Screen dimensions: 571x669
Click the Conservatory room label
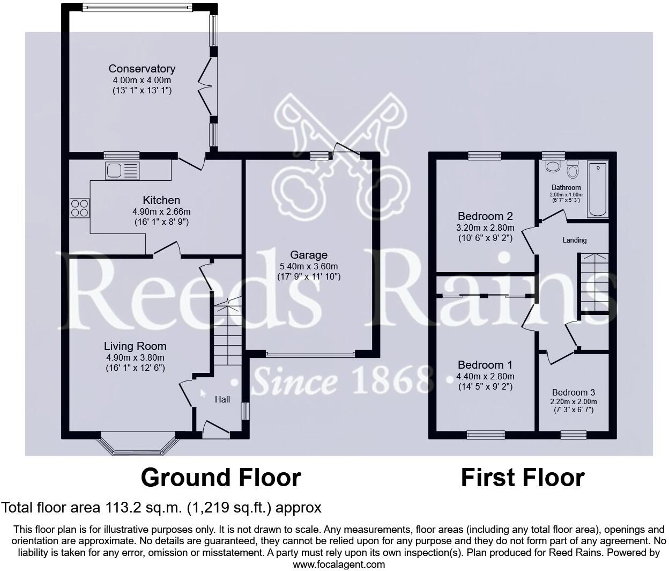(x=142, y=69)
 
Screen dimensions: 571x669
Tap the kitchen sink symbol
(x=122, y=171)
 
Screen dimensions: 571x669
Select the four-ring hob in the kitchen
(x=79, y=208)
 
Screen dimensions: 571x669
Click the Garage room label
(x=308, y=254)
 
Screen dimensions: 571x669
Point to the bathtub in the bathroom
(x=598, y=189)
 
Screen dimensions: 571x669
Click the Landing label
(x=574, y=240)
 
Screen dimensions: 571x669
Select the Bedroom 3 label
(x=574, y=392)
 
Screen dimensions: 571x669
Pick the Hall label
(x=222, y=399)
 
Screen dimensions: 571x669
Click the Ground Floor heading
(x=220, y=477)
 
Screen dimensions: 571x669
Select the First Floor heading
(x=522, y=477)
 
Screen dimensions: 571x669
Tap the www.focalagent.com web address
(x=338, y=564)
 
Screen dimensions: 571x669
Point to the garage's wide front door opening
(x=309, y=354)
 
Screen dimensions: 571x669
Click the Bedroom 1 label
(x=485, y=365)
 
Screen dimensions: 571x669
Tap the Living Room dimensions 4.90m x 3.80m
(x=135, y=357)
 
